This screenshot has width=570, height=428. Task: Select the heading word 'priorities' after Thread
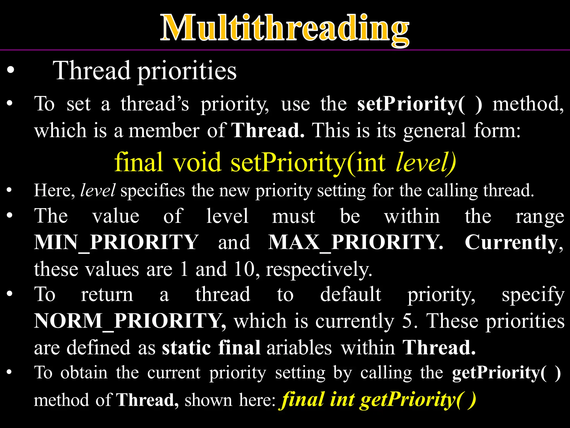[x=187, y=71]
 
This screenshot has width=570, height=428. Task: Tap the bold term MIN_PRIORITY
[x=116, y=242]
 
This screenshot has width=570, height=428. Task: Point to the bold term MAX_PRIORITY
[x=355, y=242]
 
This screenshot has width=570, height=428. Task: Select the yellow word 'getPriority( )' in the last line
[x=418, y=400]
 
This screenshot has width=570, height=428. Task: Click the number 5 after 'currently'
[x=407, y=321]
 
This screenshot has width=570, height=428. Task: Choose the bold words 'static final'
[x=211, y=348]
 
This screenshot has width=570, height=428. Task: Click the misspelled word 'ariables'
[x=299, y=348]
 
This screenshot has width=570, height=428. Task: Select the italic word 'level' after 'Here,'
[x=98, y=191]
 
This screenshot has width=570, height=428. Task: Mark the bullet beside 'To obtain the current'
[x=10, y=372]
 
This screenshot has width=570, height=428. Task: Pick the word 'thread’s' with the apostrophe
[x=155, y=104]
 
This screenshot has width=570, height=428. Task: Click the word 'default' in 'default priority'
[x=350, y=294]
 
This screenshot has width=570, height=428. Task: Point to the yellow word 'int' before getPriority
[x=342, y=400]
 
